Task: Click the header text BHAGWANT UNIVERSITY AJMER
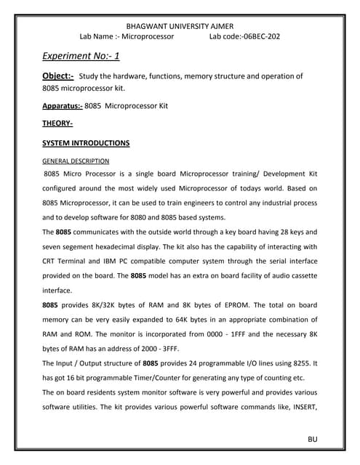pos(180,24)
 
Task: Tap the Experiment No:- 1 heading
pos(81,56)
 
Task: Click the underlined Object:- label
pos(58,76)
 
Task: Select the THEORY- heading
pos(57,124)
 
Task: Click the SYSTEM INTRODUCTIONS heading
pos(86,142)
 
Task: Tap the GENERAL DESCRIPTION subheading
pos(76,161)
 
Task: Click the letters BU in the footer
pos(313,440)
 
